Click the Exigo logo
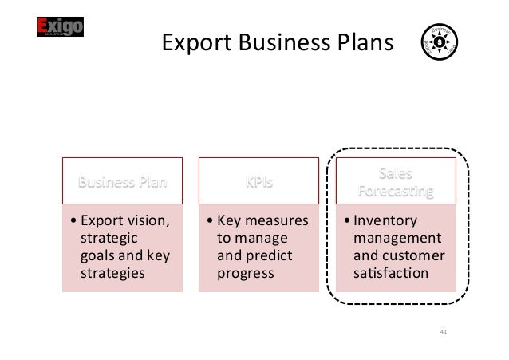point(61,29)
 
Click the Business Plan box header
point(123,181)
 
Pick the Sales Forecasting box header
point(396,181)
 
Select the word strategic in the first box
point(109,237)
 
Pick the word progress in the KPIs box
point(244,273)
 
